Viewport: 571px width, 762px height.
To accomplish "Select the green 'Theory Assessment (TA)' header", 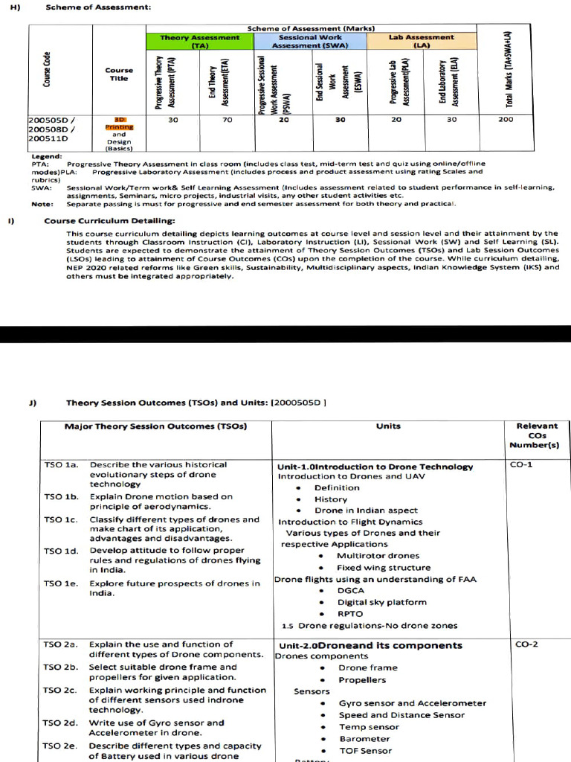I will pos(200,40).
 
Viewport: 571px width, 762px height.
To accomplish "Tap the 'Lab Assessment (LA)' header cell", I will pos(421,40).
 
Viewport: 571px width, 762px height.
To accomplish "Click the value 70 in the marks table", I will pos(228,119).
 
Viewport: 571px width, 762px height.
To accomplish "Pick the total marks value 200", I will pos(506,119).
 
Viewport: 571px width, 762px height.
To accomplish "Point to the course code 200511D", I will pos(48,138).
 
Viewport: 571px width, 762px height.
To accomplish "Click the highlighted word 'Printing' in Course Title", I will pos(119,127).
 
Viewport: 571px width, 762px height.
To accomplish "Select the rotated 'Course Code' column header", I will pos(47,69).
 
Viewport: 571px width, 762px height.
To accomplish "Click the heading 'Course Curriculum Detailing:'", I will pos(109,221).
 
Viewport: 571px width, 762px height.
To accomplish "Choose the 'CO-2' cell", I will pos(526,644).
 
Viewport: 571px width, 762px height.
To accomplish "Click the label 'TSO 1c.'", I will pos(61,519).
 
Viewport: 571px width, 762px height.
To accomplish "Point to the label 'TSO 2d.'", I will pos(61,723).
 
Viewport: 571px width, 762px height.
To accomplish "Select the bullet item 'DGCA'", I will pos(351,591).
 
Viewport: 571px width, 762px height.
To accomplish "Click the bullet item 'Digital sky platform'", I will pos(382,603).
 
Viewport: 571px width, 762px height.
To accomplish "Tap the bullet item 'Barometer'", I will pos(364,739).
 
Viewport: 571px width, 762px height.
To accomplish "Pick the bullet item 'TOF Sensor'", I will pos(365,751).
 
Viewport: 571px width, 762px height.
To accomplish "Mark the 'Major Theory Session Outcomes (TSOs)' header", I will pos(155,426).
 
